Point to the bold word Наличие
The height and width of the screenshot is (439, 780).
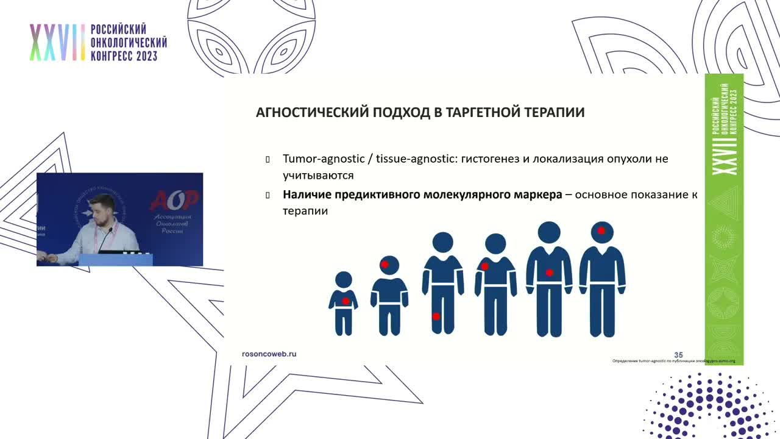click(307, 195)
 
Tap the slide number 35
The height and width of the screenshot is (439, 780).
click(678, 355)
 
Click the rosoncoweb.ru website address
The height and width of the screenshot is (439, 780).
click(269, 354)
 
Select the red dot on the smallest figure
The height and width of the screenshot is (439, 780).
click(346, 301)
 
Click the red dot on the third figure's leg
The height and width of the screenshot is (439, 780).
click(436, 316)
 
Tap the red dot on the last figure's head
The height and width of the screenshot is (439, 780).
click(601, 230)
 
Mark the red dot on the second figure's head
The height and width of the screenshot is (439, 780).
click(385, 265)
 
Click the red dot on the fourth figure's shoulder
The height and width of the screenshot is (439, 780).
click(485, 266)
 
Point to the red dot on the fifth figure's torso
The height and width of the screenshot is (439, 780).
click(549, 273)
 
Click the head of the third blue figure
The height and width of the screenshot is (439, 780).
click(443, 242)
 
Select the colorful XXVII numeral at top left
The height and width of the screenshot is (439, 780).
click(57, 43)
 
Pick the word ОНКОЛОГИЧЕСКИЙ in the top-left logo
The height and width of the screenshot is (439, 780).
click(129, 43)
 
